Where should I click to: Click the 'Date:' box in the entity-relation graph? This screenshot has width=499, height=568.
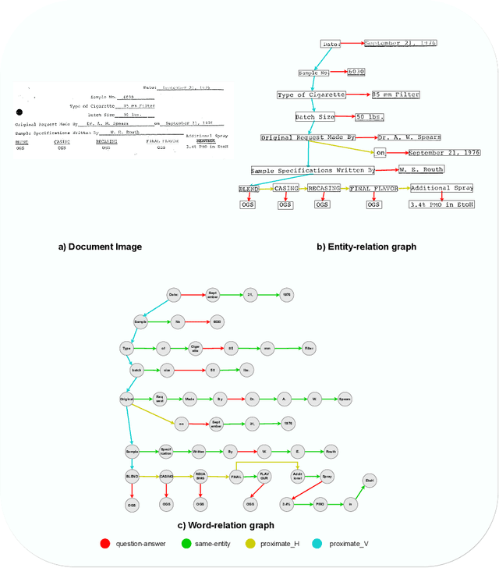coord(331,44)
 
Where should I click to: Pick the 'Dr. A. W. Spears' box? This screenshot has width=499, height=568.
coord(409,137)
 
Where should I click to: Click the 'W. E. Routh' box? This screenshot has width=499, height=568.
coord(421,169)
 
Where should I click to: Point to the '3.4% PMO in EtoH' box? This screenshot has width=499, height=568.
coord(442,204)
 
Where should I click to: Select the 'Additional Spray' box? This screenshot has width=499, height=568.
coord(441,188)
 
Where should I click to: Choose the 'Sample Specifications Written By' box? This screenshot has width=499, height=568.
coord(312,170)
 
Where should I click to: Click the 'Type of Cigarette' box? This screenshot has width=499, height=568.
coord(311,95)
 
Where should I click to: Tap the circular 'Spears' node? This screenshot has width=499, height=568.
coord(345,399)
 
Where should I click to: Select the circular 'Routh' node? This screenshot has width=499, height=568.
coord(331,451)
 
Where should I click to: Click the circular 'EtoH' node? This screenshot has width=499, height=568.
coord(370,481)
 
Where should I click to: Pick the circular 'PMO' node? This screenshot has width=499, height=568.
coord(320,505)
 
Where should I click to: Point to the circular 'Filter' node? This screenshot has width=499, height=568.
coord(309,347)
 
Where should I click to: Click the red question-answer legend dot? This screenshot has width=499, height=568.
coord(104,542)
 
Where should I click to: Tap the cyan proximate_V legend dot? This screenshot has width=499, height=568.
coord(317,542)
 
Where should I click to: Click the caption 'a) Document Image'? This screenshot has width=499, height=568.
coord(100,247)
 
